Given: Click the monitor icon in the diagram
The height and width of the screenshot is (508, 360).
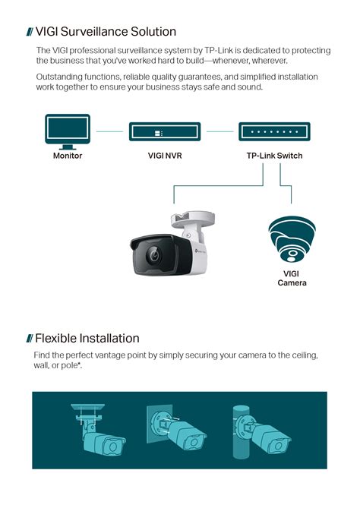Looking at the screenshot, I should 67,131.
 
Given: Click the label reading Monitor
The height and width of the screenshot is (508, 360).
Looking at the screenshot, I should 67,156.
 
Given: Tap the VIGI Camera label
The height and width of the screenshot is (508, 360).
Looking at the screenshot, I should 292,278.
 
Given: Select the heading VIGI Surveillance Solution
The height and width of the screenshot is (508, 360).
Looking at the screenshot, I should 106,32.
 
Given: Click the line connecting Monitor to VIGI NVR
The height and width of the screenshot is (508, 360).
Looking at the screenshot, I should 109,131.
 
